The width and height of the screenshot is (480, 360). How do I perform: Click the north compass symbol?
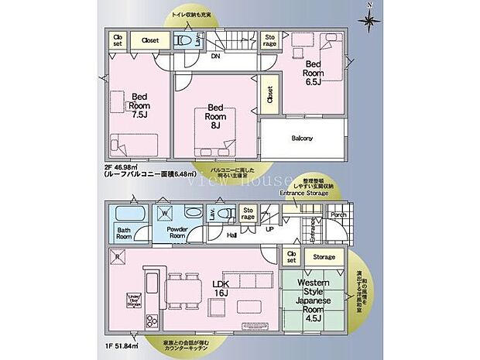click(x=370, y=16)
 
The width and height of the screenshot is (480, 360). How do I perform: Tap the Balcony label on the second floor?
click(x=302, y=139)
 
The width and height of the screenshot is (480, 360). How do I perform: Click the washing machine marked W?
click(x=164, y=212)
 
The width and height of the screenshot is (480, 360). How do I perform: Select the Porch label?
click(x=338, y=215)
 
